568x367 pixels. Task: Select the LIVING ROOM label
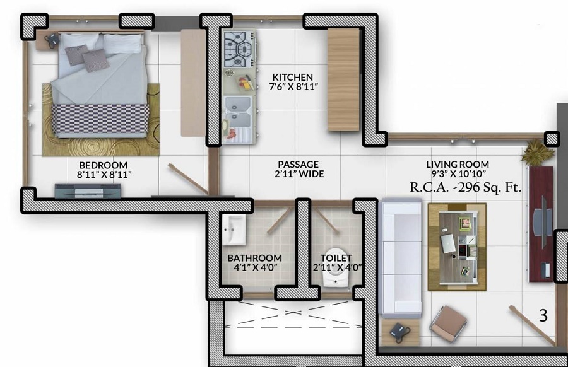click(457, 165)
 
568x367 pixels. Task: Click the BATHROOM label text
click(254, 258)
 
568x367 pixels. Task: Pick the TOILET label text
click(336, 258)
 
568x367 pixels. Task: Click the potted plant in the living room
click(538, 153)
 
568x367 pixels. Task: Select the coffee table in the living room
click(457, 246)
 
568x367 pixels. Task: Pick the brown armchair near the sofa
click(448, 323)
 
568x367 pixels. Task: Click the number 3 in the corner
click(543, 315)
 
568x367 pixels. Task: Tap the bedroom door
click(188, 178)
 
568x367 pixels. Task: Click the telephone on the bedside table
click(51, 40)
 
